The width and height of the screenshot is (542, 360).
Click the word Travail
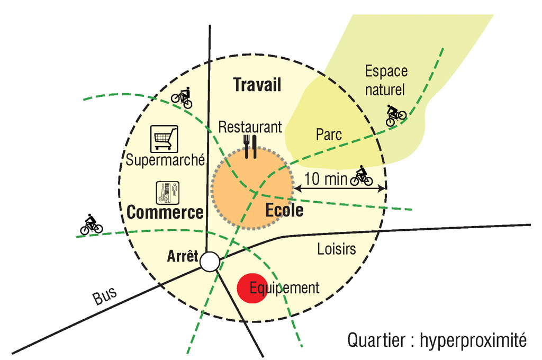[x=257, y=85]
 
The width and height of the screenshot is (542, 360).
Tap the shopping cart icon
[x=164, y=139]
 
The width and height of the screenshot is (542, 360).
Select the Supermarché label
[x=165, y=160]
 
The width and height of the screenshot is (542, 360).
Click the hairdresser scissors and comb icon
[x=168, y=193]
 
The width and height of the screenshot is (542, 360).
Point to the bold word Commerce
[x=165, y=212]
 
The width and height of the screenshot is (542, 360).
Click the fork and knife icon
[x=250, y=147]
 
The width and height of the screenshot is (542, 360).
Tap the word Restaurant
[x=250, y=127]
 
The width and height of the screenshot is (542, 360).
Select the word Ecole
[x=284, y=210]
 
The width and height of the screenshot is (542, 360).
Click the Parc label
[x=329, y=135]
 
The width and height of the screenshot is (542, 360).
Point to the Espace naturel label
[x=386, y=80]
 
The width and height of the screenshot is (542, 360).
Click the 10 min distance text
[x=326, y=179]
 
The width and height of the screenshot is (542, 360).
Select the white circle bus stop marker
[x=210, y=262]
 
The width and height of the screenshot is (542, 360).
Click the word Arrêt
[x=183, y=256]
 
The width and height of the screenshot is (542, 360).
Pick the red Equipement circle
[x=252, y=289]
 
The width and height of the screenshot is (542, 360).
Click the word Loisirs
[x=336, y=249]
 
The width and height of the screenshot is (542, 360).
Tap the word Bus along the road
[x=105, y=296]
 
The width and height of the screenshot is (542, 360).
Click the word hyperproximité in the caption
[x=473, y=340]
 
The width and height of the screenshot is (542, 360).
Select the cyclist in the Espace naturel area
[x=395, y=115]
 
